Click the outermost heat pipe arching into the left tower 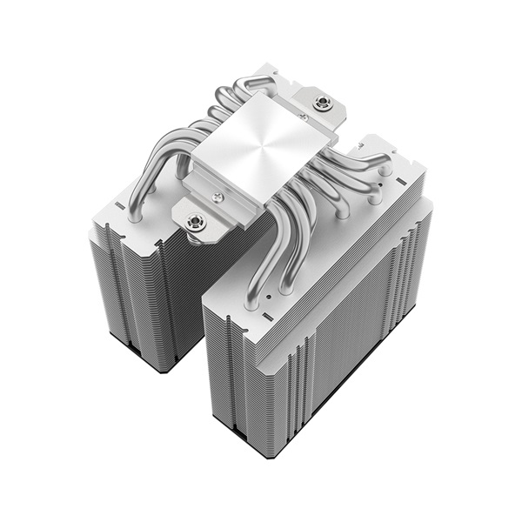click(x=139, y=187)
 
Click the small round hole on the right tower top click(x=269, y=297)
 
